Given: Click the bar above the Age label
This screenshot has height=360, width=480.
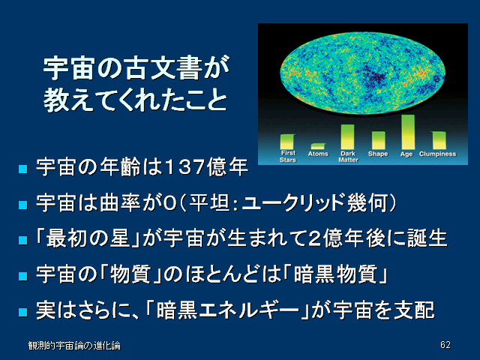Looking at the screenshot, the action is [x=408, y=132].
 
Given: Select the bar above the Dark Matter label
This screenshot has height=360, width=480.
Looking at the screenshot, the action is [x=347, y=136].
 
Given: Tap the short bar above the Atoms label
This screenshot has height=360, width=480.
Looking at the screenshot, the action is [x=318, y=146].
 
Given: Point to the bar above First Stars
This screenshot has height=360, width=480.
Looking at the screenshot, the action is [x=287, y=142].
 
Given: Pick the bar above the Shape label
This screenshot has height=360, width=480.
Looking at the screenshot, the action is [x=378, y=140].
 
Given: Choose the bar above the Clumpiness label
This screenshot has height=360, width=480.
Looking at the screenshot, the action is [x=439, y=140].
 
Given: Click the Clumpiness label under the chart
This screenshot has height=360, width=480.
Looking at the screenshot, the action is [x=437, y=154].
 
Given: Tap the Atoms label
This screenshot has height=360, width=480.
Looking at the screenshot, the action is [x=318, y=154].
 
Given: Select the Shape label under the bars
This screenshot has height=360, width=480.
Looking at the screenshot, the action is [x=378, y=154].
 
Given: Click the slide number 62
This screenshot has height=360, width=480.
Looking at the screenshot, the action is [x=445, y=345].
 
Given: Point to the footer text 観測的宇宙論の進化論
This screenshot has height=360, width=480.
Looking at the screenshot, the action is [x=74, y=346].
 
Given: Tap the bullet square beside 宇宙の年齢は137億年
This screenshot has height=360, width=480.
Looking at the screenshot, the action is [x=23, y=169].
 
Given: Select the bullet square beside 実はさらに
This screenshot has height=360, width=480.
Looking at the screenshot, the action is [x=23, y=312].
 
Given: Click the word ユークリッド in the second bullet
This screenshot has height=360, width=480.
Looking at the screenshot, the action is [x=293, y=202].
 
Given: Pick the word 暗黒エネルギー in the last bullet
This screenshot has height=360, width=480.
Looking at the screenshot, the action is [x=227, y=310].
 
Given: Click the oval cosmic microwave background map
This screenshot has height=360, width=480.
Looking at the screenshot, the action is [x=362, y=73].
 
